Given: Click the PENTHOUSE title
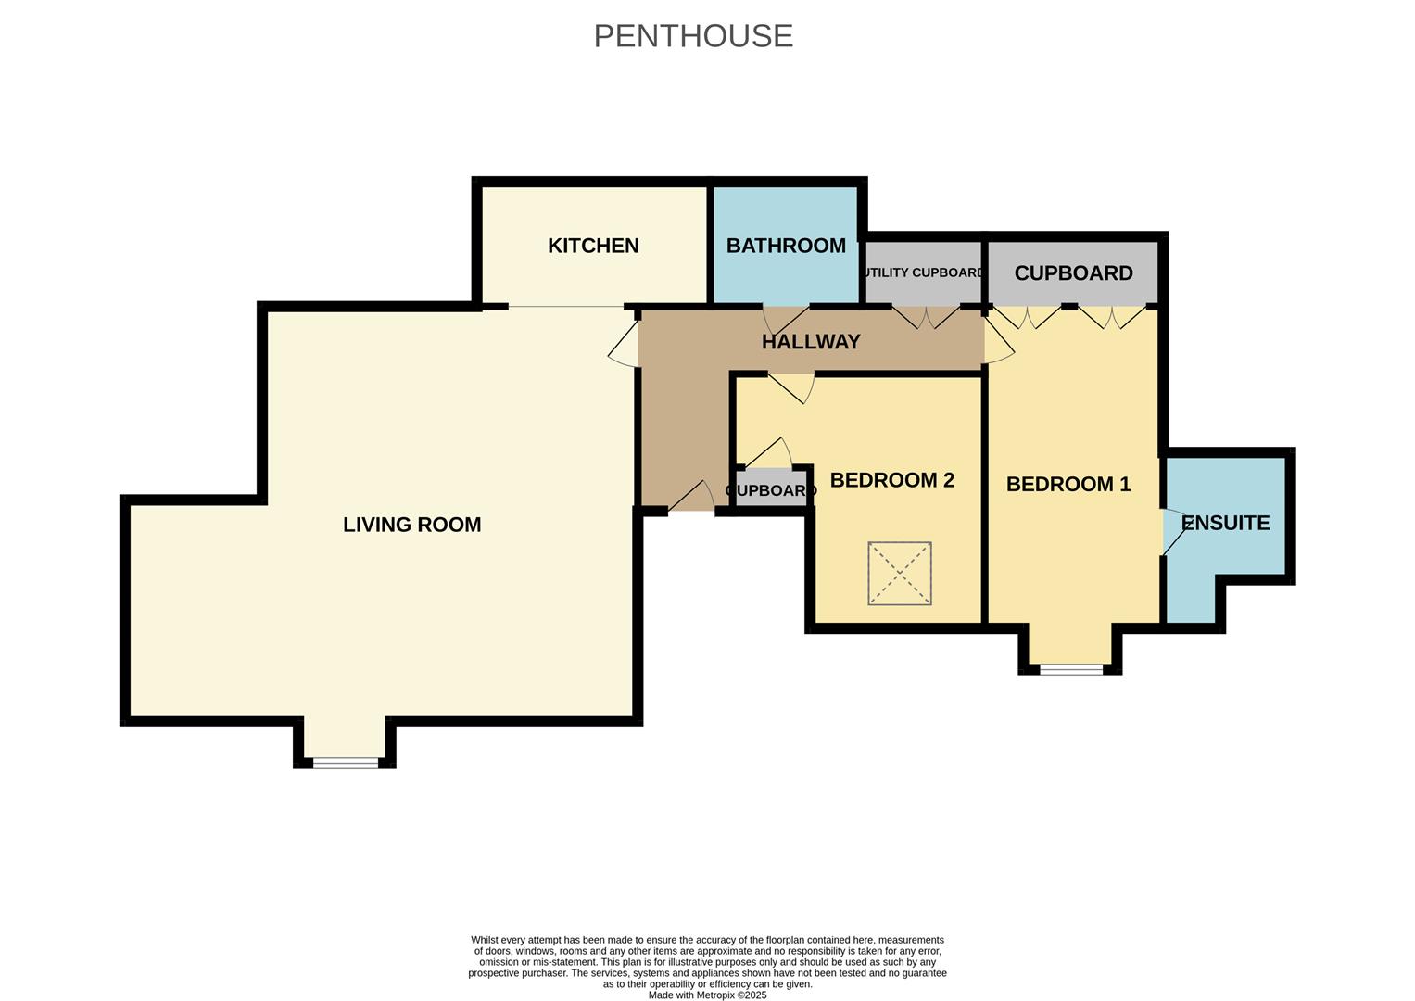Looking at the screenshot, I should tap(693, 36).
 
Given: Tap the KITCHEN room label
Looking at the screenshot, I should tap(593, 246).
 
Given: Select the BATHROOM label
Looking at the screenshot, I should tap(786, 246).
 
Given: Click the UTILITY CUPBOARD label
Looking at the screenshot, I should tap(923, 272).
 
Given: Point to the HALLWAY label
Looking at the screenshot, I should tap(811, 342).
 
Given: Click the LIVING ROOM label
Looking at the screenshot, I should tap(411, 525).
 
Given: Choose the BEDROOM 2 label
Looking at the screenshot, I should tap(891, 480).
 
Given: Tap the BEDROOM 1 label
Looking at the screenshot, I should tap(1068, 484).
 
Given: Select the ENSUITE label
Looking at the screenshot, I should tap(1225, 523).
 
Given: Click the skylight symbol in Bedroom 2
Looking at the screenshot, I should tap(899, 574).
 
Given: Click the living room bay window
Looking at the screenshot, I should tap(346, 763).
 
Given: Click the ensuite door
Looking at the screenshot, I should tap(1174, 532).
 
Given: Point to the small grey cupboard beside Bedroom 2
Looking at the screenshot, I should tap(771, 489).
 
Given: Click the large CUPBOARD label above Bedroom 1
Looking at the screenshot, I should tap(1073, 273).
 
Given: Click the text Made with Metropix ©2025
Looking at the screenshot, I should tap(707, 995).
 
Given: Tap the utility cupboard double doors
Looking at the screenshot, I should tap(927, 317).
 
